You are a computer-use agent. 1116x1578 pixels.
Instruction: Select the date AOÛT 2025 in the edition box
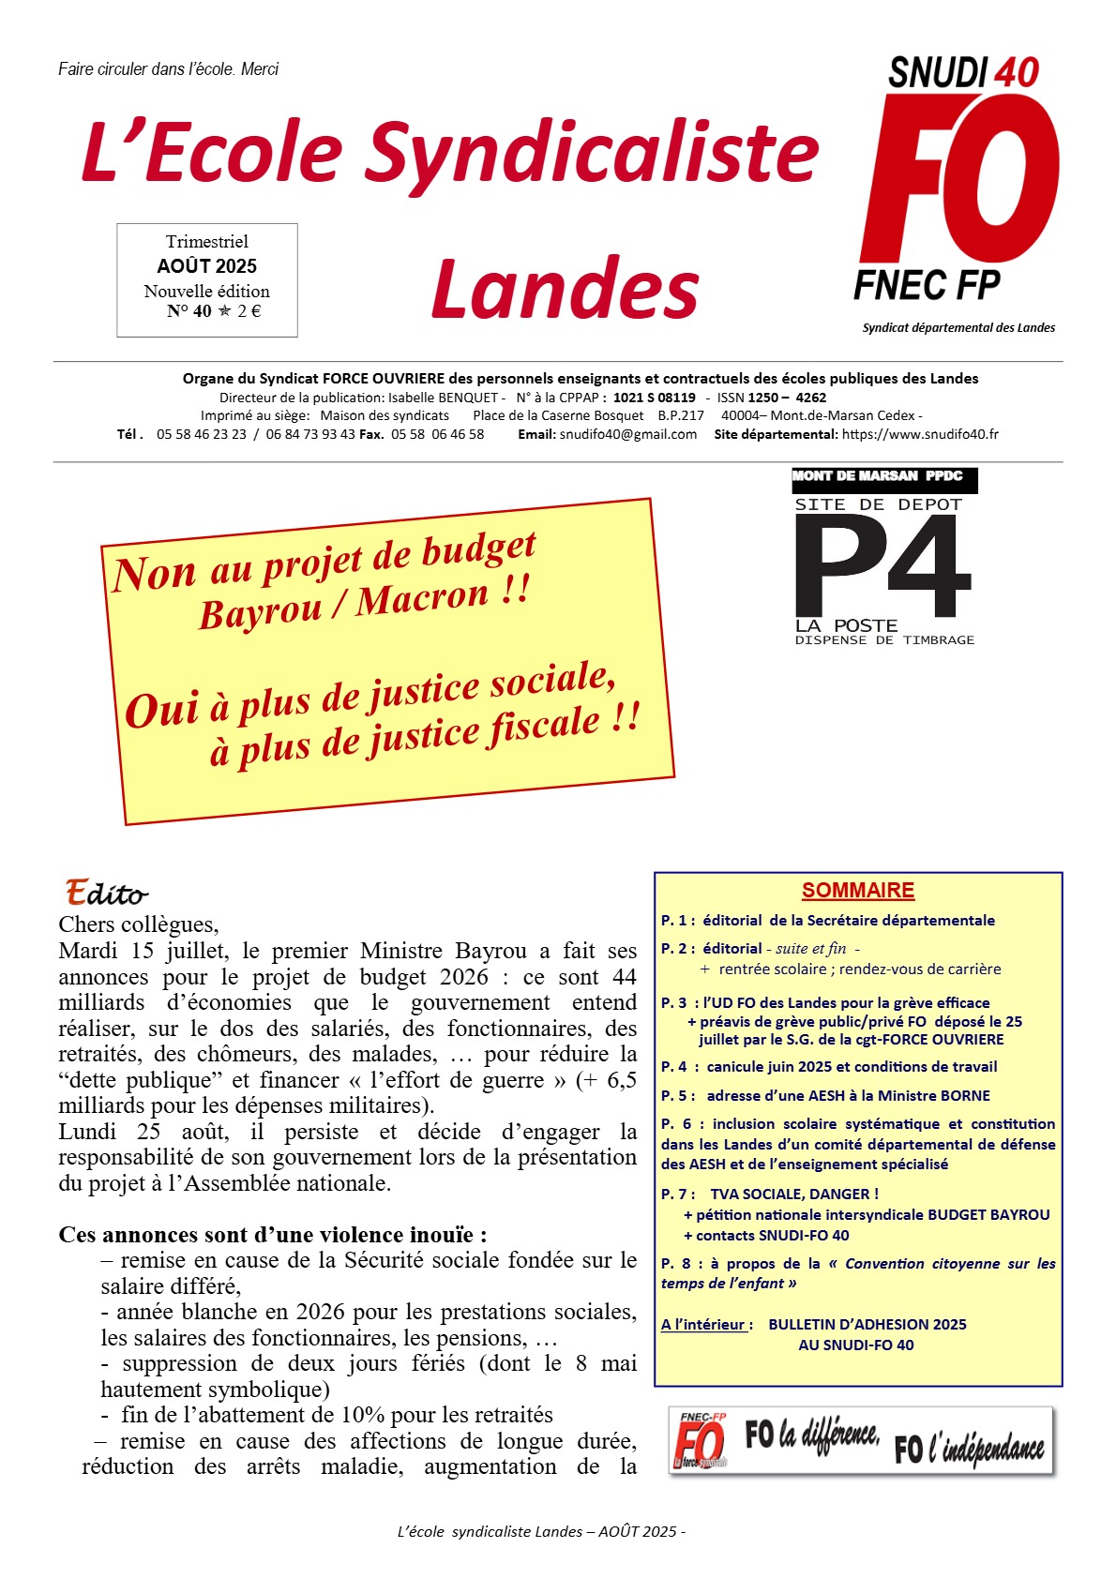[206, 266]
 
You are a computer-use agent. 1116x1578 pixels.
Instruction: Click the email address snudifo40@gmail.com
[628, 434]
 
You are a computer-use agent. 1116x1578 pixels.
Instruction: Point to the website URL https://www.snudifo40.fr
[920, 434]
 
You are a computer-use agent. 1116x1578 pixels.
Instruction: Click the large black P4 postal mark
[882, 566]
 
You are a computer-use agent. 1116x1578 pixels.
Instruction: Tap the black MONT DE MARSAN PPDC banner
[883, 477]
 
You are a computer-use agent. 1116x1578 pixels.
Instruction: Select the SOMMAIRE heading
[857, 891]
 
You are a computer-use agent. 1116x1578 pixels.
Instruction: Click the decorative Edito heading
[106, 892]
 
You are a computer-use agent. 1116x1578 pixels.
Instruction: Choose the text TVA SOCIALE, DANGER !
[794, 1195]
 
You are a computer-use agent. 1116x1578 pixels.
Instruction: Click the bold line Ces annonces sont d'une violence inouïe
[272, 1235]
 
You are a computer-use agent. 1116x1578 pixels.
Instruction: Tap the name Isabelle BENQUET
[444, 398]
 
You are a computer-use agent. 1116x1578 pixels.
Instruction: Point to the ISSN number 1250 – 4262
[787, 398]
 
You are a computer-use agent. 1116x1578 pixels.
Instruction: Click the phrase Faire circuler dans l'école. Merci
[168, 69]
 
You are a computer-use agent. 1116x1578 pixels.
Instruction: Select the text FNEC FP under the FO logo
[927, 284]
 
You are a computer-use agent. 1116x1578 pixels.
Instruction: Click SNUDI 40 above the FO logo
[963, 73]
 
